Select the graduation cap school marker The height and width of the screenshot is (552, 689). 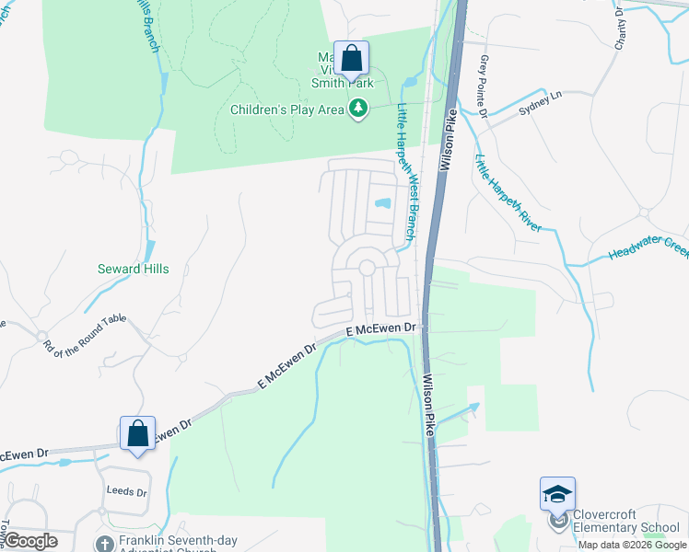(x=557, y=496)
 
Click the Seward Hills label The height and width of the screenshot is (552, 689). (x=133, y=269)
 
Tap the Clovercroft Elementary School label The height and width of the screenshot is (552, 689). (x=626, y=522)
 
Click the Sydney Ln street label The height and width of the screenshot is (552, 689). (x=539, y=99)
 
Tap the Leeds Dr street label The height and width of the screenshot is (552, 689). (x=126, y=491)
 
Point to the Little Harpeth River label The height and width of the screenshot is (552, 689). (x=508, y=192)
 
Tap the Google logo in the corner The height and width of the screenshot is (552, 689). (x=30, y=541)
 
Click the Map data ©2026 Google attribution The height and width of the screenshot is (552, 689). (x=632, y=545)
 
